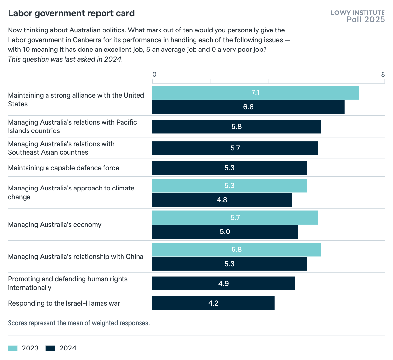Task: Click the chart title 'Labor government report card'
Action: [71, 13]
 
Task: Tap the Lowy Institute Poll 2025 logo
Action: [358, 16]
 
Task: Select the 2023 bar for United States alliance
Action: [255, 93]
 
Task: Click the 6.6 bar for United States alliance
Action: [248, 107]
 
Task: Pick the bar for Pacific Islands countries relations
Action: [236, 127]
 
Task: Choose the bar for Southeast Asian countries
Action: [235, 148]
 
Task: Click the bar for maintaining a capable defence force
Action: [229, 168]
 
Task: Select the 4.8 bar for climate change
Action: [222, 200]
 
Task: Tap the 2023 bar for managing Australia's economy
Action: [235, 218]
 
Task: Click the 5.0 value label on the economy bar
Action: [225, 232]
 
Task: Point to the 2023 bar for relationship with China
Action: [236, 250]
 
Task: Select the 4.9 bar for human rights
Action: [223, 284]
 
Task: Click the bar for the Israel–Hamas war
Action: [213, 303]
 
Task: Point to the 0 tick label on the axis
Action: [154, 74]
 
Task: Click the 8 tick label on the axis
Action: [383, 74]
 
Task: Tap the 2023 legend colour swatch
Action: [13, 348]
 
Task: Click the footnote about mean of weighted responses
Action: [79, 323]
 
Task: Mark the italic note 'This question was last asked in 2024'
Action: [65, 59]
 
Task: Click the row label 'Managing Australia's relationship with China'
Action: [76, 257]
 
